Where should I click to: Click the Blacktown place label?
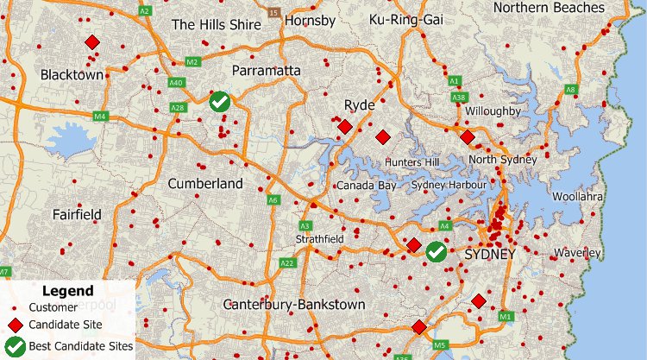pyautogui.click(x=72, y=75)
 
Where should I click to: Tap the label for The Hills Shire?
pyautogui.click(x=216, y=25)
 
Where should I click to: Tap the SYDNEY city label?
pyautogui.click(x=489, y=255)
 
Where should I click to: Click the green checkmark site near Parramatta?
pyautogui.click(x=220, y=102)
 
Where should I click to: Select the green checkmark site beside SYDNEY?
pyautogui.click(x=437, y=251)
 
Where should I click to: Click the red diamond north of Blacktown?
pyautogui.click(x=91, y=42)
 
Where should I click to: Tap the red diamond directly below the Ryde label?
pyautogui.click(x=344, y=127)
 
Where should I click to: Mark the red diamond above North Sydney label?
pyautogui.click(x=467, y=137)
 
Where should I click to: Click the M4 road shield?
pyautogui.click(x=100, y=116)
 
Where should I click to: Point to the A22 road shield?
pyautogui.click(x=288, y=263)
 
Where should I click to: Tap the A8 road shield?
pyautogui.click(x=570, y=89)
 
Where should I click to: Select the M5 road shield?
pyautogui.click(x=441, y=346)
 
